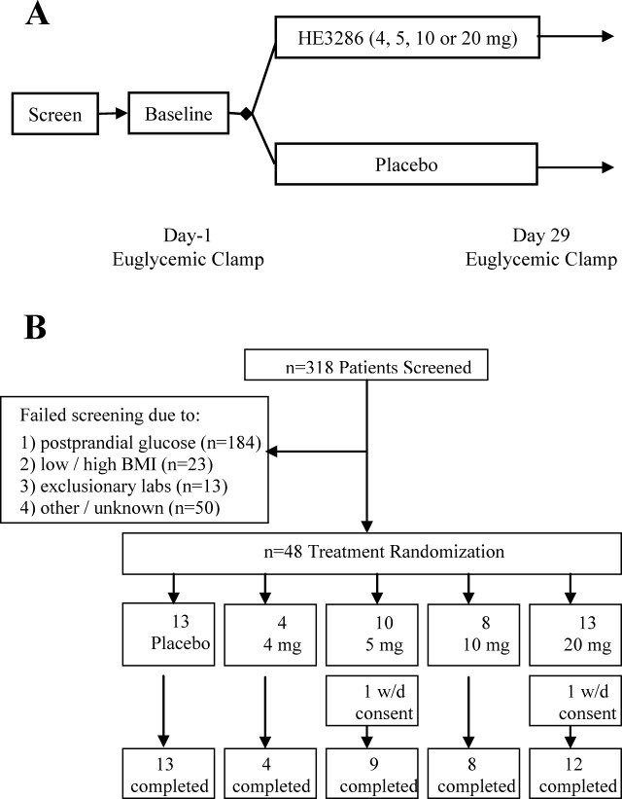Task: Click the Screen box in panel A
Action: pos(55,114)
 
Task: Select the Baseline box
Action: pos(178,113)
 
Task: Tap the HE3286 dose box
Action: pos(407,37)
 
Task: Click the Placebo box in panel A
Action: pos(406,164)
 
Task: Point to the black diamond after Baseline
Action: pos(246,114)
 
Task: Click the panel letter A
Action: pos(37,15)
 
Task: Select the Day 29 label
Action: pos(540,235)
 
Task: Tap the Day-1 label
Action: pos(188,235)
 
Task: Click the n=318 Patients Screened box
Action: pos(366,365)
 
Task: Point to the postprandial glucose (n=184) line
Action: pos(141,443)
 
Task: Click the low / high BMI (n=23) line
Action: pos(116,464)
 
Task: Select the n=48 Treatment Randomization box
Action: pos(371,554)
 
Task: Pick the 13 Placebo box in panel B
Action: pos(168,635)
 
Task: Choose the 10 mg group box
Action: pos(474,635)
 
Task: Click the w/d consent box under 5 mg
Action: pos(372,701)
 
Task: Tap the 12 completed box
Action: pos(575,774)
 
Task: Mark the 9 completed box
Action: pos(372,774)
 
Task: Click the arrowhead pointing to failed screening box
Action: pos(272,452)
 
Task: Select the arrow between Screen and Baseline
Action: pos(113,113)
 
